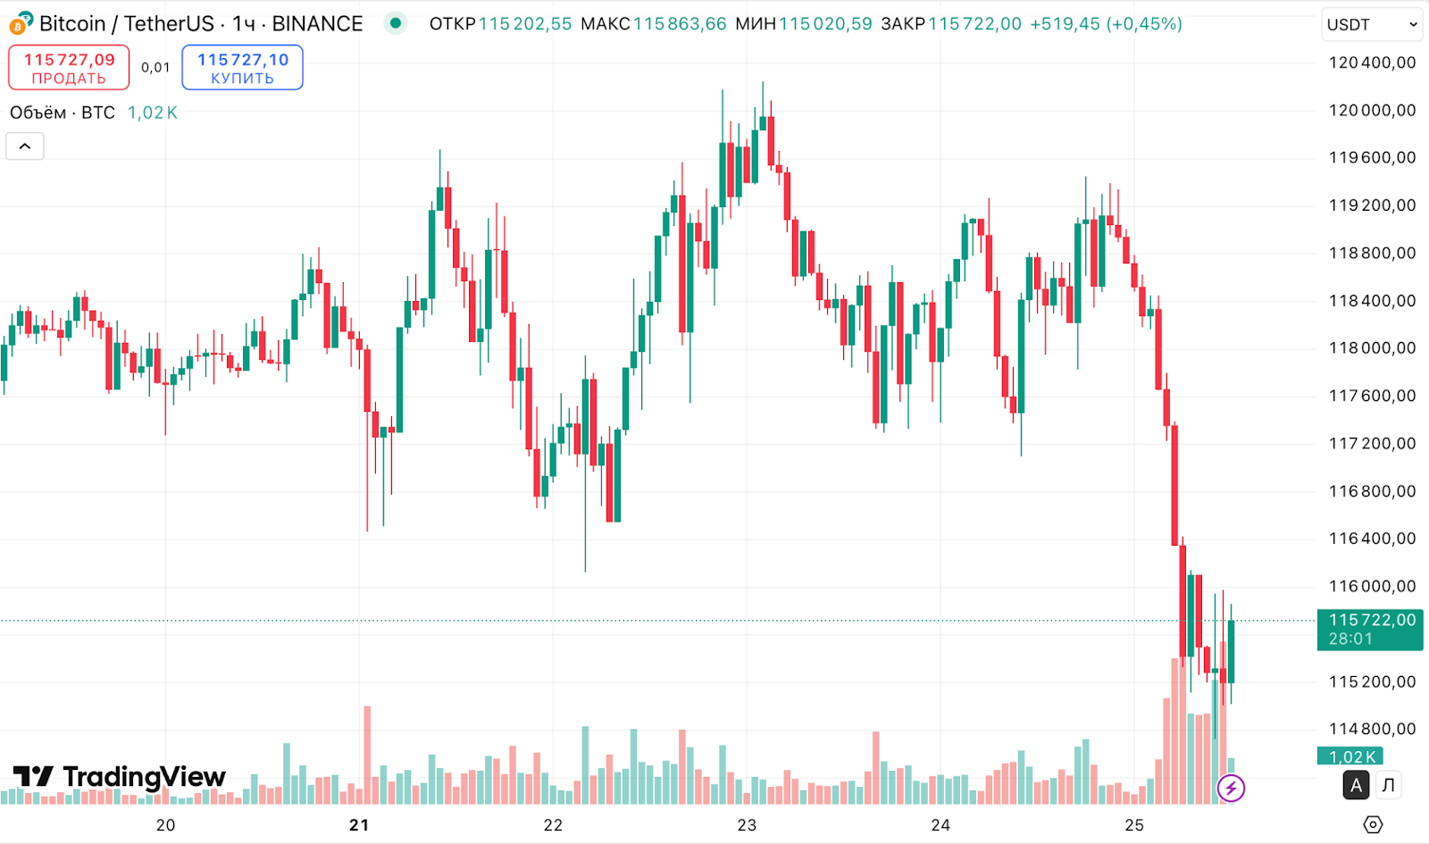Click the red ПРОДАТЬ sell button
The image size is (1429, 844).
pos(69,68)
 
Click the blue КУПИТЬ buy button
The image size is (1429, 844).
pos(242,68)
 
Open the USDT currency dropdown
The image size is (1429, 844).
pos(1371,24)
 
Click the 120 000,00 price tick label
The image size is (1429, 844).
pos(1372,110)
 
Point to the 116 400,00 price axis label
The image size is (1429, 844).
pos(1372,539)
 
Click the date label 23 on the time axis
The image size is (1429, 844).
pos(747,824)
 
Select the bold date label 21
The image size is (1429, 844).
pos(359,824)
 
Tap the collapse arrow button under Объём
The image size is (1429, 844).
pos(25,146)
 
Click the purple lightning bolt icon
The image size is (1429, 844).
pos(1231,788)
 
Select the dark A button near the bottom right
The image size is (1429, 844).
pos(1356,785)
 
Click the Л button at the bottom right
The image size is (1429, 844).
pos(1388,785)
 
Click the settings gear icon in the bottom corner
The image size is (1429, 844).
pos(1373,824)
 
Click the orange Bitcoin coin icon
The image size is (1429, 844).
pos(18,25)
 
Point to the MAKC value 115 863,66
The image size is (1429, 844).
pos(680,24)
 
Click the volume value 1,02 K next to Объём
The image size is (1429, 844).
pos(152,113)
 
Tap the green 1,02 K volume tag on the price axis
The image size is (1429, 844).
pos(1350,756)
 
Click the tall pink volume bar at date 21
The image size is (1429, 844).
pos(367,755)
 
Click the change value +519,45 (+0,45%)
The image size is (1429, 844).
pos(1106,24)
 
